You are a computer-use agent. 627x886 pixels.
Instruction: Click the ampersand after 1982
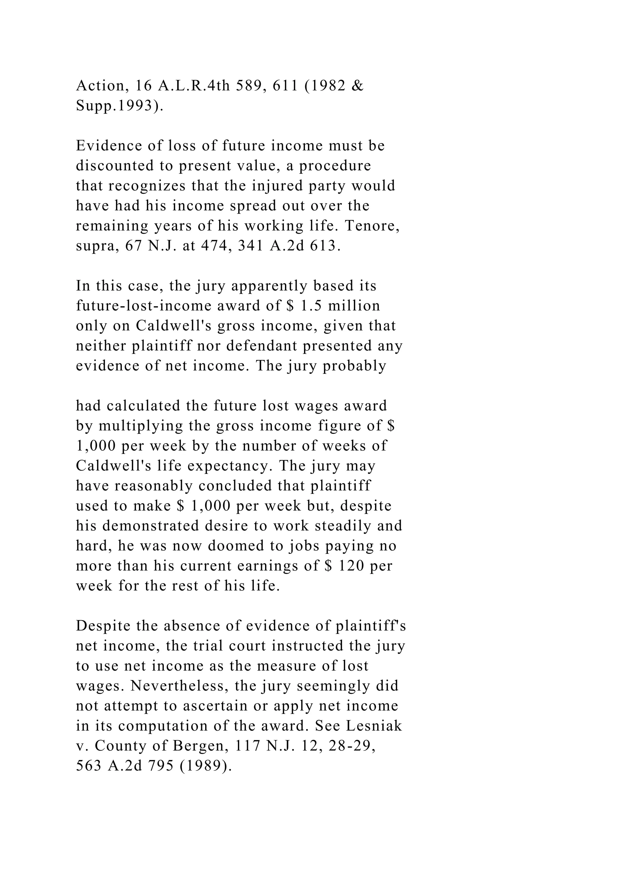358,86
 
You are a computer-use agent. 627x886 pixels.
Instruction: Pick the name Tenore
371,226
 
